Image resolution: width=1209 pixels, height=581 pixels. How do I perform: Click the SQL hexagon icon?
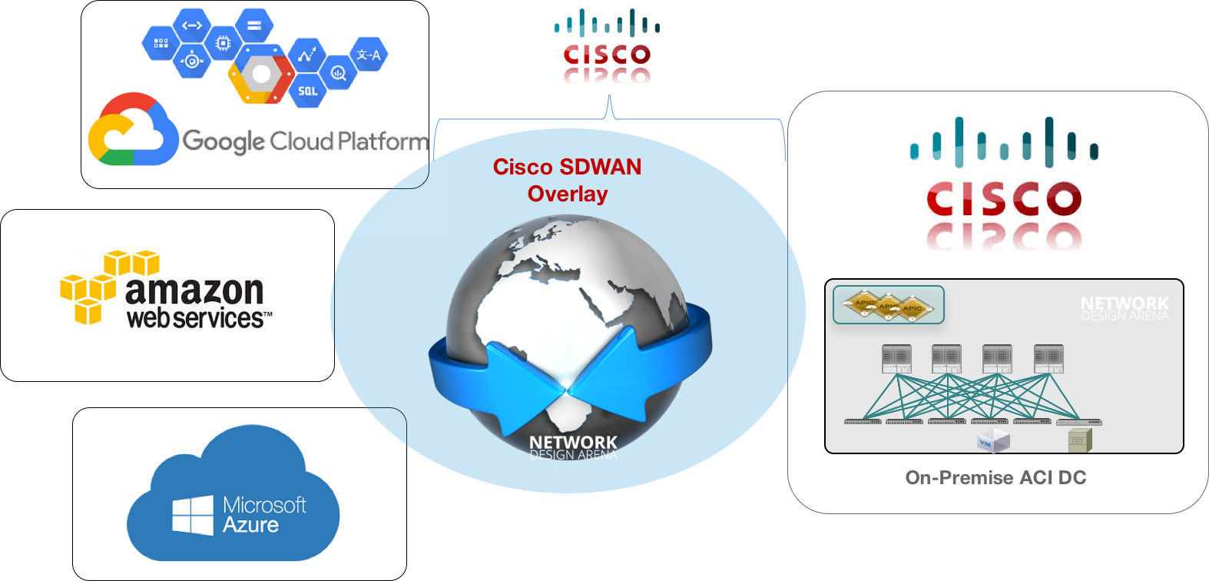pos(307,91)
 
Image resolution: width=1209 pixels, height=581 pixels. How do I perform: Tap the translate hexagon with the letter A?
pos(369,55)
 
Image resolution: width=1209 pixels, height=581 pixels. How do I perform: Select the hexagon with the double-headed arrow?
pos(191,25)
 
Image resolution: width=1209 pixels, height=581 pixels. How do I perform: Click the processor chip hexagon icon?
pos(223,44)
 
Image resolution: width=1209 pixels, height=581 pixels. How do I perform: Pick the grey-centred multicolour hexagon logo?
pos(261,74)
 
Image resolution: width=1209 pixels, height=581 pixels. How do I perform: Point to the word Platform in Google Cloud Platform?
pos(382,141)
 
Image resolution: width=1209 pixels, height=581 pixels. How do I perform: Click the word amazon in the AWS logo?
pos(194,290)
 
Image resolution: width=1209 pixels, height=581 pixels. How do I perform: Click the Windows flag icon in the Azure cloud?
pos(193,515)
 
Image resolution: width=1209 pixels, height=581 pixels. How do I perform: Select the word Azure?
pos(250,526)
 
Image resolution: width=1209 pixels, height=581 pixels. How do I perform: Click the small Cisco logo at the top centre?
pos(607,48)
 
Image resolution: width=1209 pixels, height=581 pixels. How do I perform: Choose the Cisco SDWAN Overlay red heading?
pos(568,180)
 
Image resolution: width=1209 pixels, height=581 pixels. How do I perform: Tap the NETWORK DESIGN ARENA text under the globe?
pos(573,448)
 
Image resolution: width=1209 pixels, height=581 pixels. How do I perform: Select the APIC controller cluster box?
pos(889,305)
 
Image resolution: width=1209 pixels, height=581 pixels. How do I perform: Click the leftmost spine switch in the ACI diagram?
pos(896,359)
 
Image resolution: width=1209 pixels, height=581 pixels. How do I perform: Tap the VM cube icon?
pos(992,441)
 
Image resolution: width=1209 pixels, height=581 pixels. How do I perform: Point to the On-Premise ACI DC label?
pos(995,478)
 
